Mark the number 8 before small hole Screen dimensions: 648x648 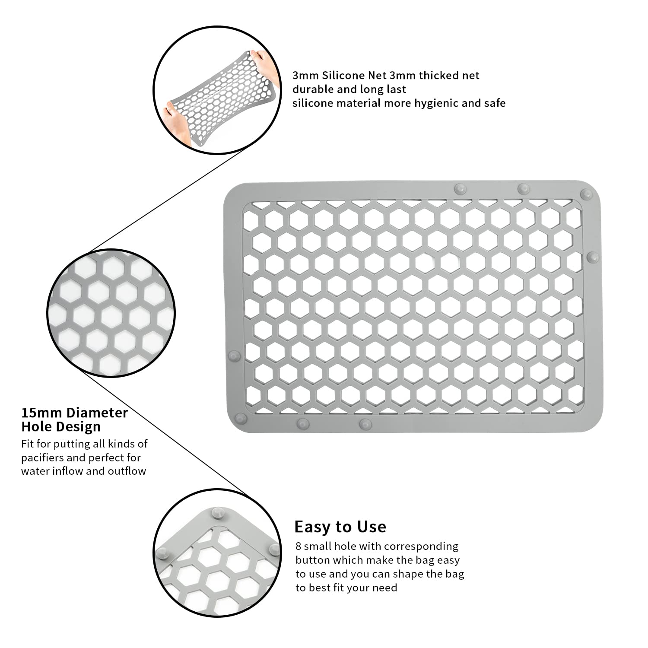[x=298, y=546]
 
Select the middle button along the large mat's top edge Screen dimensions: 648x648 [x=524, y=188]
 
